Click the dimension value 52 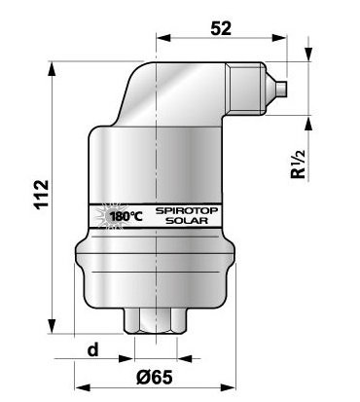221,28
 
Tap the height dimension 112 42,195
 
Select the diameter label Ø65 155,377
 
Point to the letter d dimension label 93,349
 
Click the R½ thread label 299,164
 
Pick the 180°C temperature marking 126,216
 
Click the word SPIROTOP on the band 187,210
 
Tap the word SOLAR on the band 187,221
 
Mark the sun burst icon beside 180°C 109,216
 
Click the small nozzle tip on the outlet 281,89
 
